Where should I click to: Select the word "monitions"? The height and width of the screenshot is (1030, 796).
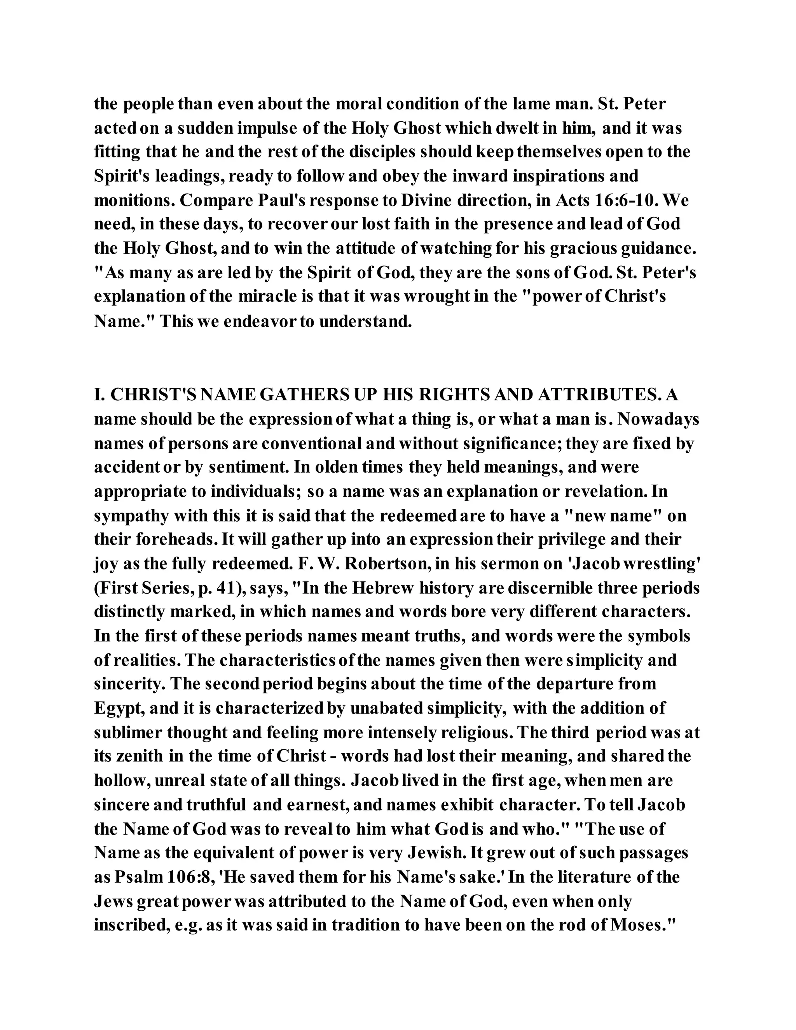pos(133,201)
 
